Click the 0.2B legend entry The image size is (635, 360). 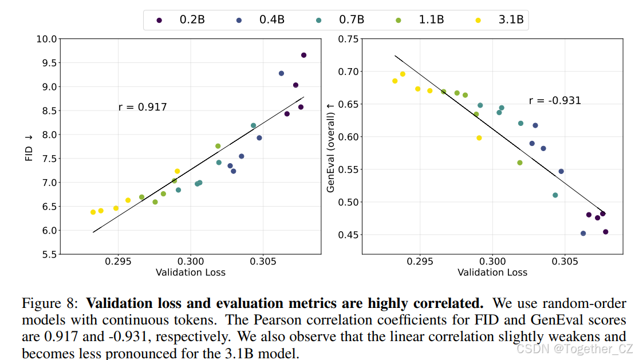(x=184, y=21)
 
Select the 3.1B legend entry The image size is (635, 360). (x=502, y=21)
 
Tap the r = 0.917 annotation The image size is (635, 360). (x=143, y=106)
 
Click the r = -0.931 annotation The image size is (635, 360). (x=555, y=101)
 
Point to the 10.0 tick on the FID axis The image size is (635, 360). (x=46, y=39)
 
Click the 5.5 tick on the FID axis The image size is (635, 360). (x=48, y=254)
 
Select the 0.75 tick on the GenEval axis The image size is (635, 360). (x=348, y=39)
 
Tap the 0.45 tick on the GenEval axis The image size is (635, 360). (x=348, y=235)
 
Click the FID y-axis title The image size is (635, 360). (x=29, y=147)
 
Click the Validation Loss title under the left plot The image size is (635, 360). (x=191, y=272)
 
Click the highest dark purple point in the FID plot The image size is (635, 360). (x=303, y=55)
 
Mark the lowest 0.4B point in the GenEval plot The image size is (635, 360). (x=583, y=234)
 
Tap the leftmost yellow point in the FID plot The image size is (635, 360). (x=93, y=212)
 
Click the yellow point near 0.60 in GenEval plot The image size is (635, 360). (x=479, y=138)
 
